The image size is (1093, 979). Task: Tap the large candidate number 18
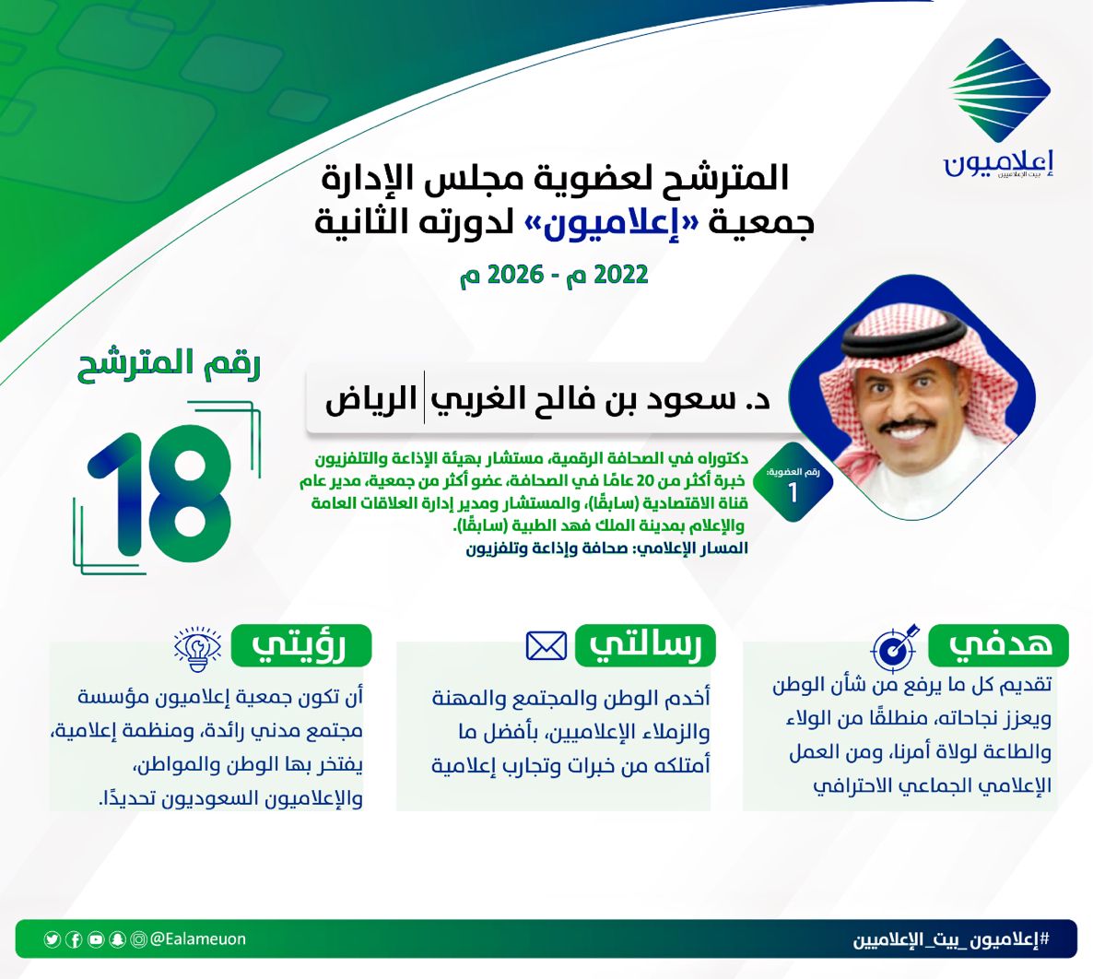coord(159,494)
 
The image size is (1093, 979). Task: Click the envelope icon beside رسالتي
coord(546,645)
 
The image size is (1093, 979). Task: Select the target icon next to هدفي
coord(895,646)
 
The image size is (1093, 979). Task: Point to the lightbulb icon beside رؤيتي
coord(198,648)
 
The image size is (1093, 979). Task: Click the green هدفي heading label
coord(999,645)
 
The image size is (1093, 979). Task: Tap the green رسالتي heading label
coord(645,645)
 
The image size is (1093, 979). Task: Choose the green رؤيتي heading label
coord(301,645)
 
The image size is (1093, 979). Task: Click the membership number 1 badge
coord(793,482)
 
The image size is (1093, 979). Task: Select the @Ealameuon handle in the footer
coord(198,939)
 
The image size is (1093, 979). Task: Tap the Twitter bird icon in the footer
coord(53,940)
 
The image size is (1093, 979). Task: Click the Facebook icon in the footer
coord(74,940)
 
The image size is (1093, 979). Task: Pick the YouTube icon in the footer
coord(96,940)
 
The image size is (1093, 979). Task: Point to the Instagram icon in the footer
coord(139,940)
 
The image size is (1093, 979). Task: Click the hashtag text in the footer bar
coord(951,940)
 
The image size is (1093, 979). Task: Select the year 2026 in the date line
coord(515,274)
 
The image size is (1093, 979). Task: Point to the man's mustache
coord(906,425)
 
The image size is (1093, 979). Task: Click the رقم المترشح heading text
coord(169,364)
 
